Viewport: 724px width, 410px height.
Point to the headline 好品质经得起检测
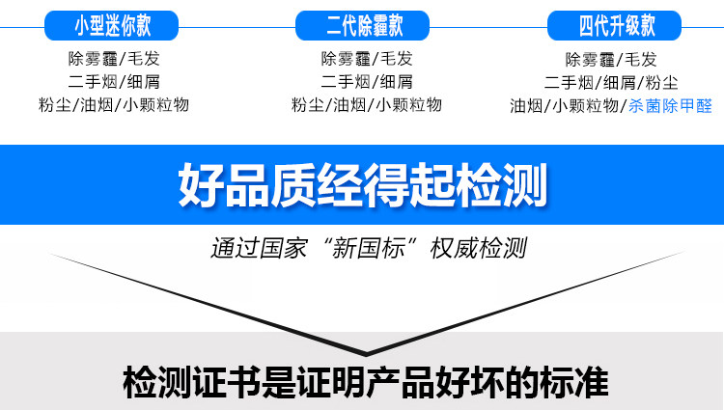click(x=362, y=183)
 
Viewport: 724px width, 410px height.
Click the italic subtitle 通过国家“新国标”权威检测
click(x=369, y=248)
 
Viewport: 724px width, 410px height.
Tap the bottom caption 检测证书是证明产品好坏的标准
click(x=366, y=383)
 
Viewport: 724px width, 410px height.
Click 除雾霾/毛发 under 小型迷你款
click(x=113, y=58)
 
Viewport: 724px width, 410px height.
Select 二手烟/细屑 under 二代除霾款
click(x=366, y=81)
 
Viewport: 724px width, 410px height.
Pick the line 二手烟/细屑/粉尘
click(x=610, y=82)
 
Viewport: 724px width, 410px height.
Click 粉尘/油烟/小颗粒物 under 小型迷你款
click(x=113, y=105)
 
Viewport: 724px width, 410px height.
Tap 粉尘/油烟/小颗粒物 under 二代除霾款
click(x=366, y=105)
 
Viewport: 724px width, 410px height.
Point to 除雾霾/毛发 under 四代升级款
click(x=610, y=59)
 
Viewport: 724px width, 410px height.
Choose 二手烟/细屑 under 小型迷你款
click(x=113, y=81)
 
